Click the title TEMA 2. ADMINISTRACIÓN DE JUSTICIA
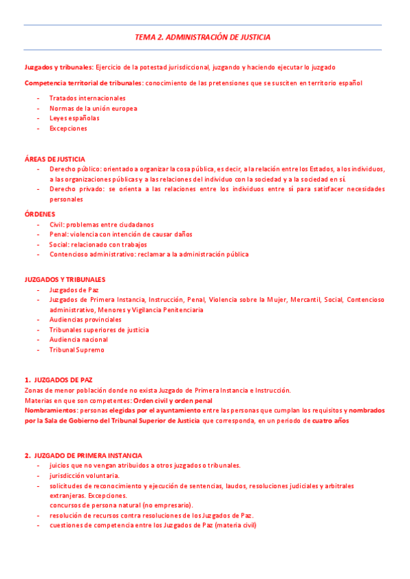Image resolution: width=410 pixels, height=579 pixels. (x=202, y=37)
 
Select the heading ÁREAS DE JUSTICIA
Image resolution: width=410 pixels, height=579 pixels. (x=55, y=159)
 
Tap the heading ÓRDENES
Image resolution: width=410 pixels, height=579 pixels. (x=40, y=214)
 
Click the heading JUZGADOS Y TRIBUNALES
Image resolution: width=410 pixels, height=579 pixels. (x=65, y=279)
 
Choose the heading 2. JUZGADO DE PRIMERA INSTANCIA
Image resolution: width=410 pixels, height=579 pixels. (x=83, y=455)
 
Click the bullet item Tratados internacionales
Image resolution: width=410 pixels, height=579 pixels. (x=87, y=98)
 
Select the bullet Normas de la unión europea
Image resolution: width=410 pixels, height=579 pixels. (x=93, y=108)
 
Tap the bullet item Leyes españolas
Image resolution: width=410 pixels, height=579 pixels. (x=74, y=118)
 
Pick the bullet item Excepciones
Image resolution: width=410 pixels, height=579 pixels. (x=68, y=128)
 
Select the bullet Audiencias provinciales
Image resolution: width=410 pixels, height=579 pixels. (x=85, y=320)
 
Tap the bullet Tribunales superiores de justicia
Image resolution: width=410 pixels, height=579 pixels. (x=98, y=330)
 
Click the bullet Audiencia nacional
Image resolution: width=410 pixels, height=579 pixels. (x=79, y=339)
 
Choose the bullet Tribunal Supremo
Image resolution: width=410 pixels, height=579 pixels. (x=77, y=350)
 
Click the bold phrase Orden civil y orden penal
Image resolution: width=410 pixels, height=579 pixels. (x=172, y=400)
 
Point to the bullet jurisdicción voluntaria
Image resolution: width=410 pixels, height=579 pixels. (x=84, y=475)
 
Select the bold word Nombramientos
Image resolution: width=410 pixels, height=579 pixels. (x=51, y=410)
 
